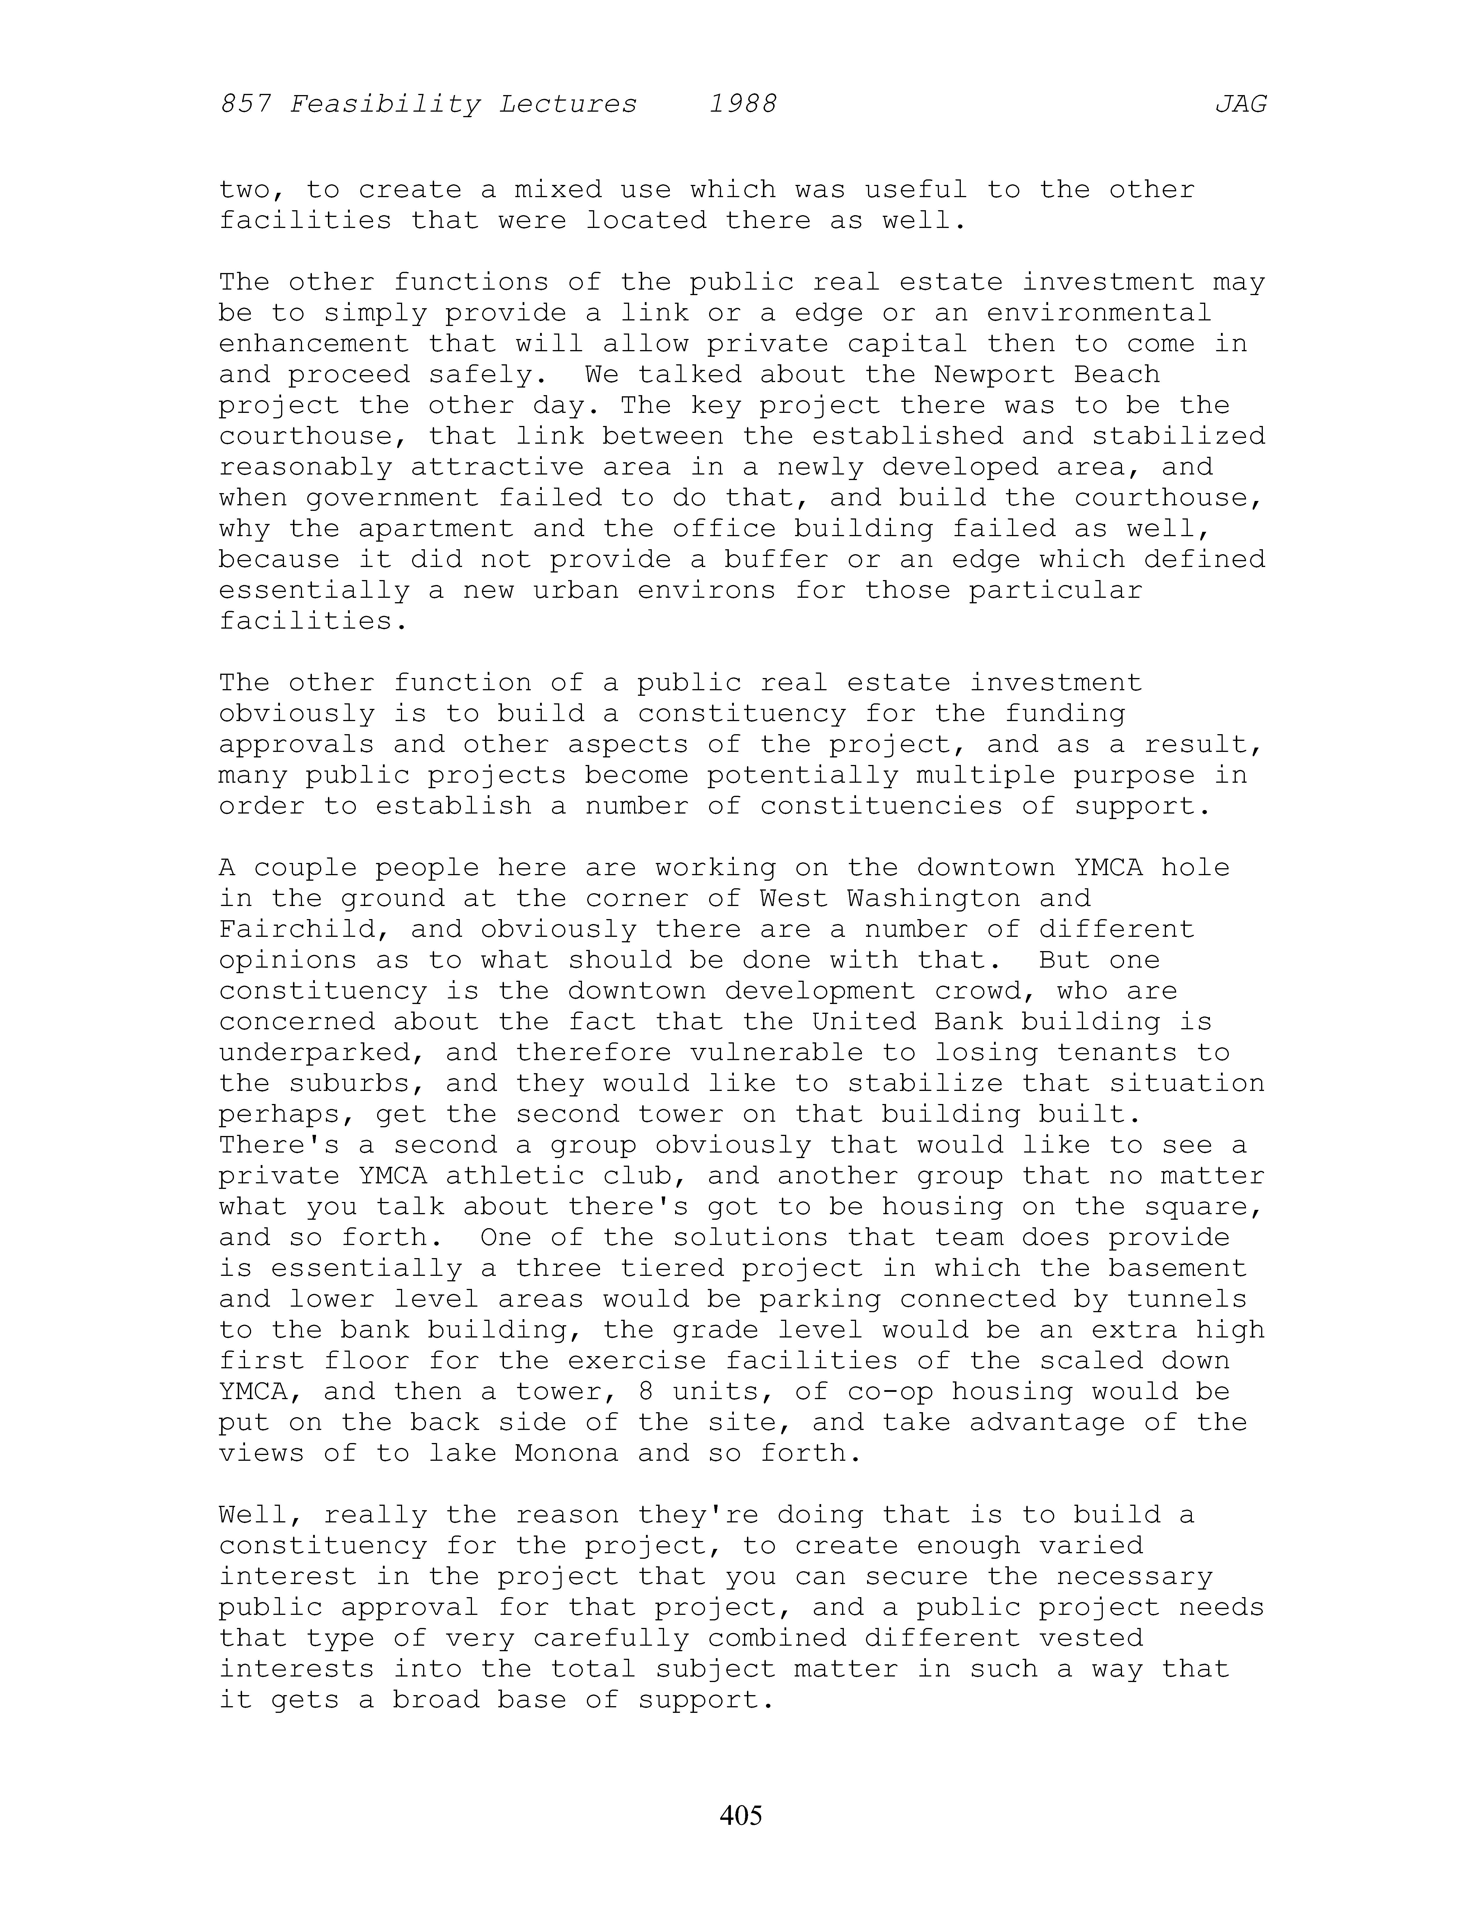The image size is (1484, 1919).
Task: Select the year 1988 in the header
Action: click(743, 105)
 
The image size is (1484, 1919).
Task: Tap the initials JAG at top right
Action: click(1240, 105)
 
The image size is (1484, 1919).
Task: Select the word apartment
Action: click(436, 529)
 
